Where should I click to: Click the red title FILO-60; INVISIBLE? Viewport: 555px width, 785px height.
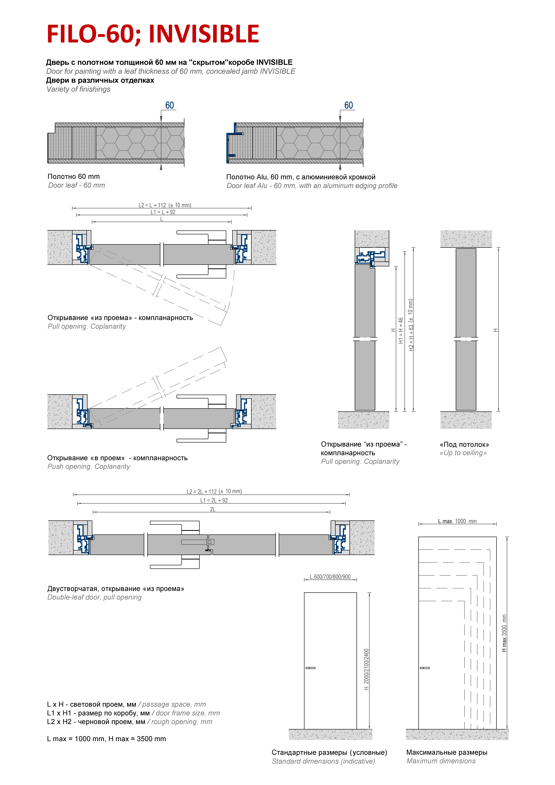153,34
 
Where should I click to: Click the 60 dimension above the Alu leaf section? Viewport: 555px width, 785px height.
349,105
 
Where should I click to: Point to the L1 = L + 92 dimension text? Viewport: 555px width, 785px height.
163,212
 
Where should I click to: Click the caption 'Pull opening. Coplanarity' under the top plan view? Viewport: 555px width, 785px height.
87,326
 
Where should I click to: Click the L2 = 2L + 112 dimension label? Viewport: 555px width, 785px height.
214,491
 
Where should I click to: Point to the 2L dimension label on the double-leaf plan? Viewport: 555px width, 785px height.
213,509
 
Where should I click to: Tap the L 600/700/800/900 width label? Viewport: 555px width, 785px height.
330,577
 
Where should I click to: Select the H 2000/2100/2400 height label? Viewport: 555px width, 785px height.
366,669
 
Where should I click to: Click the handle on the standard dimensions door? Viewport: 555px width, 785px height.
310,668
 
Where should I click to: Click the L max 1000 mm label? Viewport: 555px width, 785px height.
457,521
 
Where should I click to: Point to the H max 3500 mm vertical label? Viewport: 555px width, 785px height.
504,633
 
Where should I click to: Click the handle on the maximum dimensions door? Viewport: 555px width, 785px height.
424,668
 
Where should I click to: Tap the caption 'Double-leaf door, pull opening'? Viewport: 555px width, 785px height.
94,597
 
